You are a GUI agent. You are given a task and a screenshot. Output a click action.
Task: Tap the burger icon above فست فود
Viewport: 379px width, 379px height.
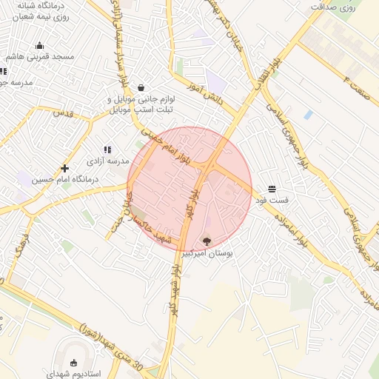[272, 188]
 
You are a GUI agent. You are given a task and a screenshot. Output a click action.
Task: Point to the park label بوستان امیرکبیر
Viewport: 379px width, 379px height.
[207, 253]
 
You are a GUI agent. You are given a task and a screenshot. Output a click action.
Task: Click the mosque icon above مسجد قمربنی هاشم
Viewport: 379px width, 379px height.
[39, 45]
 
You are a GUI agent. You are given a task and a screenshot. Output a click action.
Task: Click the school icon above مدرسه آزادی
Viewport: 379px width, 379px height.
[107, 149]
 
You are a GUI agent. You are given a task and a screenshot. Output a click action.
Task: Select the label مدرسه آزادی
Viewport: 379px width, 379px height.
[108, 160]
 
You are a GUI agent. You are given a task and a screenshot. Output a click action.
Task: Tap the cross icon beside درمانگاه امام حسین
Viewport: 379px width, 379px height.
[65, 168]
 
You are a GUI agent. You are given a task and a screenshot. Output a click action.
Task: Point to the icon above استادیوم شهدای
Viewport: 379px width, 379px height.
[73, 363]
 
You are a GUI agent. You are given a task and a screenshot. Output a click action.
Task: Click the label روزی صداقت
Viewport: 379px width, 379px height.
[341, 7]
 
